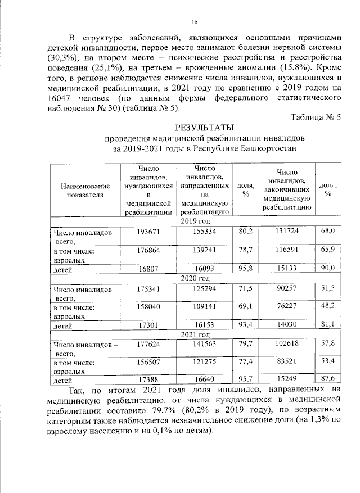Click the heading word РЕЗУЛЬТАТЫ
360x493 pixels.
point(203,128)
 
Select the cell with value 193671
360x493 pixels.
point(148,231)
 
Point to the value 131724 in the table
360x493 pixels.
point(287,231)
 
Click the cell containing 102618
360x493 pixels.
point(287,344)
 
